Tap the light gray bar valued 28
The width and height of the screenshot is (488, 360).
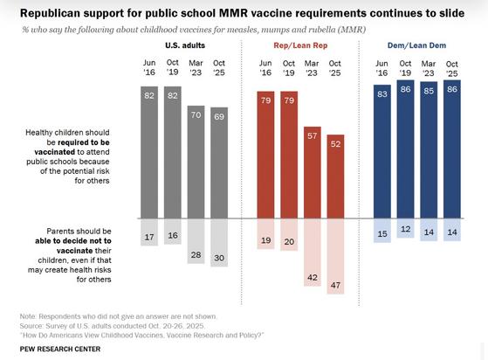pyautogui.click(x=196, y=241)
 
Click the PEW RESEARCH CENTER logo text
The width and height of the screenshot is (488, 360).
pyautogui.click(x=59, y=349)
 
